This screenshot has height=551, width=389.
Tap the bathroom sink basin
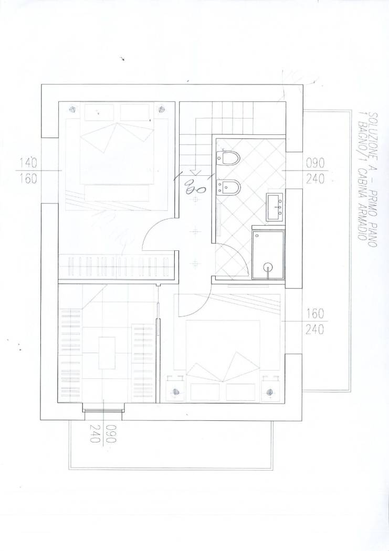click(275, 207)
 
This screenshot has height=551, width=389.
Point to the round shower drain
click(269, 268)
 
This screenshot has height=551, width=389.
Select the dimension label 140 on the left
click(29, 163)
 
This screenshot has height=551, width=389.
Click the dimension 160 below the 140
click(29, 179)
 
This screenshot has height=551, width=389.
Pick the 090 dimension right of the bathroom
click(315, 163)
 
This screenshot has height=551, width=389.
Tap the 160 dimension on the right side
click(315, 313)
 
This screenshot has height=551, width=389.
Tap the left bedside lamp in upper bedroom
click(72, 109)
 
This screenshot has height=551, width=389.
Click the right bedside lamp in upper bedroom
click(162, 109)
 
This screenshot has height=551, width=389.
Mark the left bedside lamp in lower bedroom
click(176, 391)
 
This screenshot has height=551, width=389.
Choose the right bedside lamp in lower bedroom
click(269, 391)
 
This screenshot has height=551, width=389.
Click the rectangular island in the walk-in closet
click(107, 353)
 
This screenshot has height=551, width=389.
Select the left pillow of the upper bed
click(99, 112)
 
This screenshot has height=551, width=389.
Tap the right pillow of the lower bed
click(241, 392)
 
